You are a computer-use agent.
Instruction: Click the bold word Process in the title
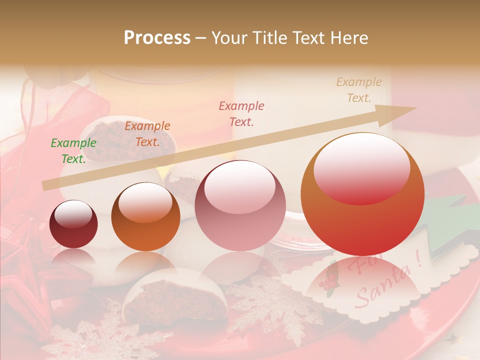click(157, 38)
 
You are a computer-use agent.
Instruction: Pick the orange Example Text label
click(147, 134)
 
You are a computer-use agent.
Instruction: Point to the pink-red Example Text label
click(241, 113)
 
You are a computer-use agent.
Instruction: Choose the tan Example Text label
click(359, 90)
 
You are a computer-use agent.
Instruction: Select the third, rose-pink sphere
click(240, 205)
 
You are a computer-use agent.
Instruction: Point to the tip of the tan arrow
click(414, 108)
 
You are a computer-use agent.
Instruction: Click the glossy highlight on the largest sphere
click(361, 167)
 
